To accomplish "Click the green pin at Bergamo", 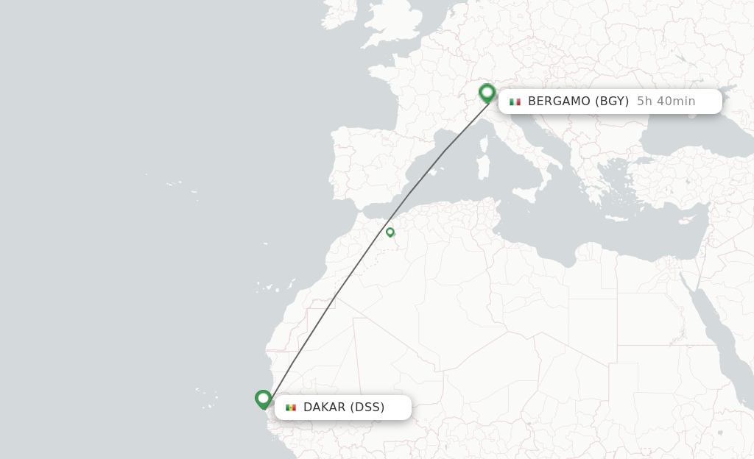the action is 487,93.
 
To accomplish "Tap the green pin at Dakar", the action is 264,399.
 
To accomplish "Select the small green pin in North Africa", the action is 390,232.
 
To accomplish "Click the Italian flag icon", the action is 515,102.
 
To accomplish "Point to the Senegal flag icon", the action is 291,408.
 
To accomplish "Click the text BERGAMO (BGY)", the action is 578,102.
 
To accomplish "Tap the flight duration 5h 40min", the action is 666,102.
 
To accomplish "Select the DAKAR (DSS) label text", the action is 344,408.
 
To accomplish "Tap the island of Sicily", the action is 525,194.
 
